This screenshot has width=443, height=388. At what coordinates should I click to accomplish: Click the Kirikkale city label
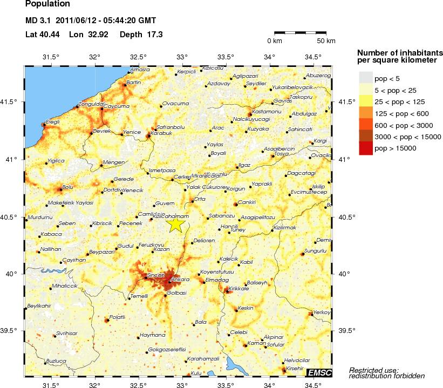tap(238, 289)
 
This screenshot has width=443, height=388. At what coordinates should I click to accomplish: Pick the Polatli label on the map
tap(117, 316)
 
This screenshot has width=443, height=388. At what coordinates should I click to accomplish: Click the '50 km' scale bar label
tap(325, 41)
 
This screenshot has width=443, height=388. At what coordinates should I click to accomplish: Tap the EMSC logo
tap(319, 372)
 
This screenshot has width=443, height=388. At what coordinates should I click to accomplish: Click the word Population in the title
tap(47, 4)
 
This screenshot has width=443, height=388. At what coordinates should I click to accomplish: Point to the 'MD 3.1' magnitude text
tap(38, 22)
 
